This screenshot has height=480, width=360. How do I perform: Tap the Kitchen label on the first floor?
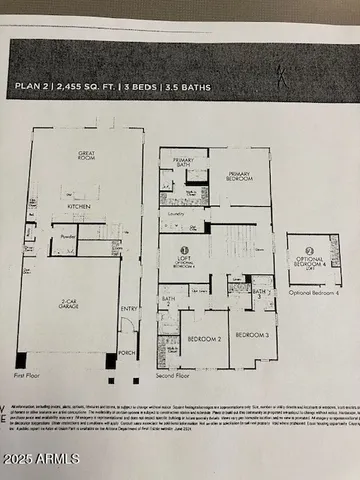pos(79,206)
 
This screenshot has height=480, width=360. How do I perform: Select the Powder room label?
pos(68,238)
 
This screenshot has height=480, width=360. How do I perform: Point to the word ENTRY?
pos(130,308)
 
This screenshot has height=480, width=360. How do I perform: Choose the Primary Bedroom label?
pos(241,173)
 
